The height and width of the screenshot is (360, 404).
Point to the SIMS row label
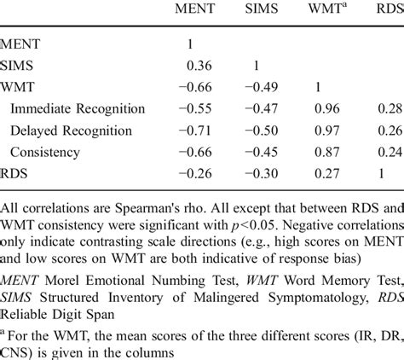coord(20,66)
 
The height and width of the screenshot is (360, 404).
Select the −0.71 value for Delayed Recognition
coord(194,130)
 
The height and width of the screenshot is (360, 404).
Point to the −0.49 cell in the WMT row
coord(262,87)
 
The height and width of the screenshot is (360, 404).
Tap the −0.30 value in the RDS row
coord(262,172)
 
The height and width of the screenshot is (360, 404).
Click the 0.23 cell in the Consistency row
coord(391,151)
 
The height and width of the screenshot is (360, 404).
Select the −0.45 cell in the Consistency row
coord(262,151)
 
